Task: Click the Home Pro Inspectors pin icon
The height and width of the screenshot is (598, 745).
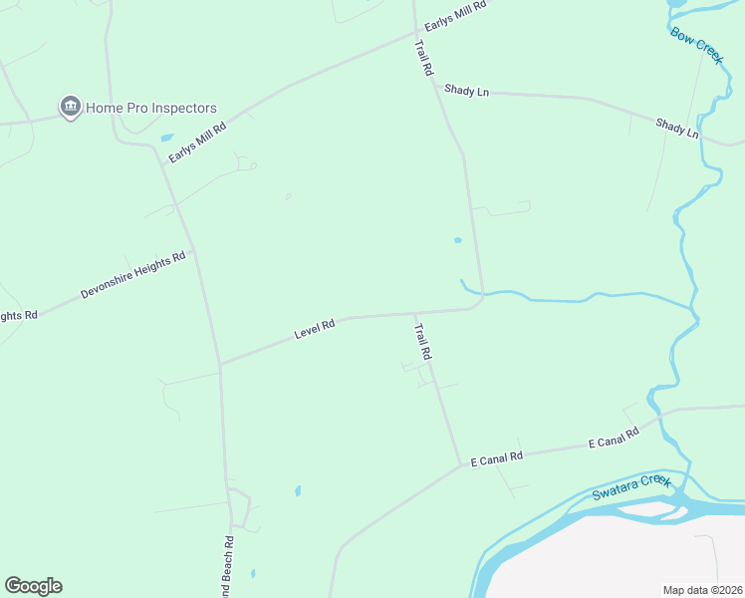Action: [x=70, y=108]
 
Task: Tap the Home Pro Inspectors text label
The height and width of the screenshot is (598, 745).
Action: [x=150, y=108]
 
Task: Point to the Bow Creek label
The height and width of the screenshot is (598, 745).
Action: [x=696, y=46]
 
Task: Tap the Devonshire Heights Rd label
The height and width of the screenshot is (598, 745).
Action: [x=133, y=276]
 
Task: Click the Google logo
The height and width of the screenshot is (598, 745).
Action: [x=33, y=586]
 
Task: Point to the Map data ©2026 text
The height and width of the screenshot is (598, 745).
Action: [x=702, y=589]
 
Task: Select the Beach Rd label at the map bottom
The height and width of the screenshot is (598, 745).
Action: [x=228, y=568]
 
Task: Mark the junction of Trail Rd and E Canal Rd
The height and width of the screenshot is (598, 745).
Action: [x=461, y=463]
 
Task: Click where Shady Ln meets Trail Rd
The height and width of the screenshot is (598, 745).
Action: [x=436, y=87]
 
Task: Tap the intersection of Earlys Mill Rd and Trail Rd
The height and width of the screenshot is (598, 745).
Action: [x=415, y=33]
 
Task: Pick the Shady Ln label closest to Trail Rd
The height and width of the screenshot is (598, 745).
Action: [x=467, y=91]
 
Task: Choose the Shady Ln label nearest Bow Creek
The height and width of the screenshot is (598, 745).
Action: [x=677, y=128]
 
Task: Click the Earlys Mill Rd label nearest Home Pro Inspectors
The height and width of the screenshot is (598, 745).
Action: [x=197, y=143]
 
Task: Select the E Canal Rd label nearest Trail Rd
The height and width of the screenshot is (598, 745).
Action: [x=497, y=458]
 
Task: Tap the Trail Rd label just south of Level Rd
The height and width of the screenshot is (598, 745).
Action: [x=423, y=341]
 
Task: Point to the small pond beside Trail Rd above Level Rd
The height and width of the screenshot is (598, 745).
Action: [x=457, y=240]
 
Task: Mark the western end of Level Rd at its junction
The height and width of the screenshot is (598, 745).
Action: [x=220, y=364]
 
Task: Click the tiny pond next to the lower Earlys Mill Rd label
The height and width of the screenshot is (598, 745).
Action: [x=165, y=138]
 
